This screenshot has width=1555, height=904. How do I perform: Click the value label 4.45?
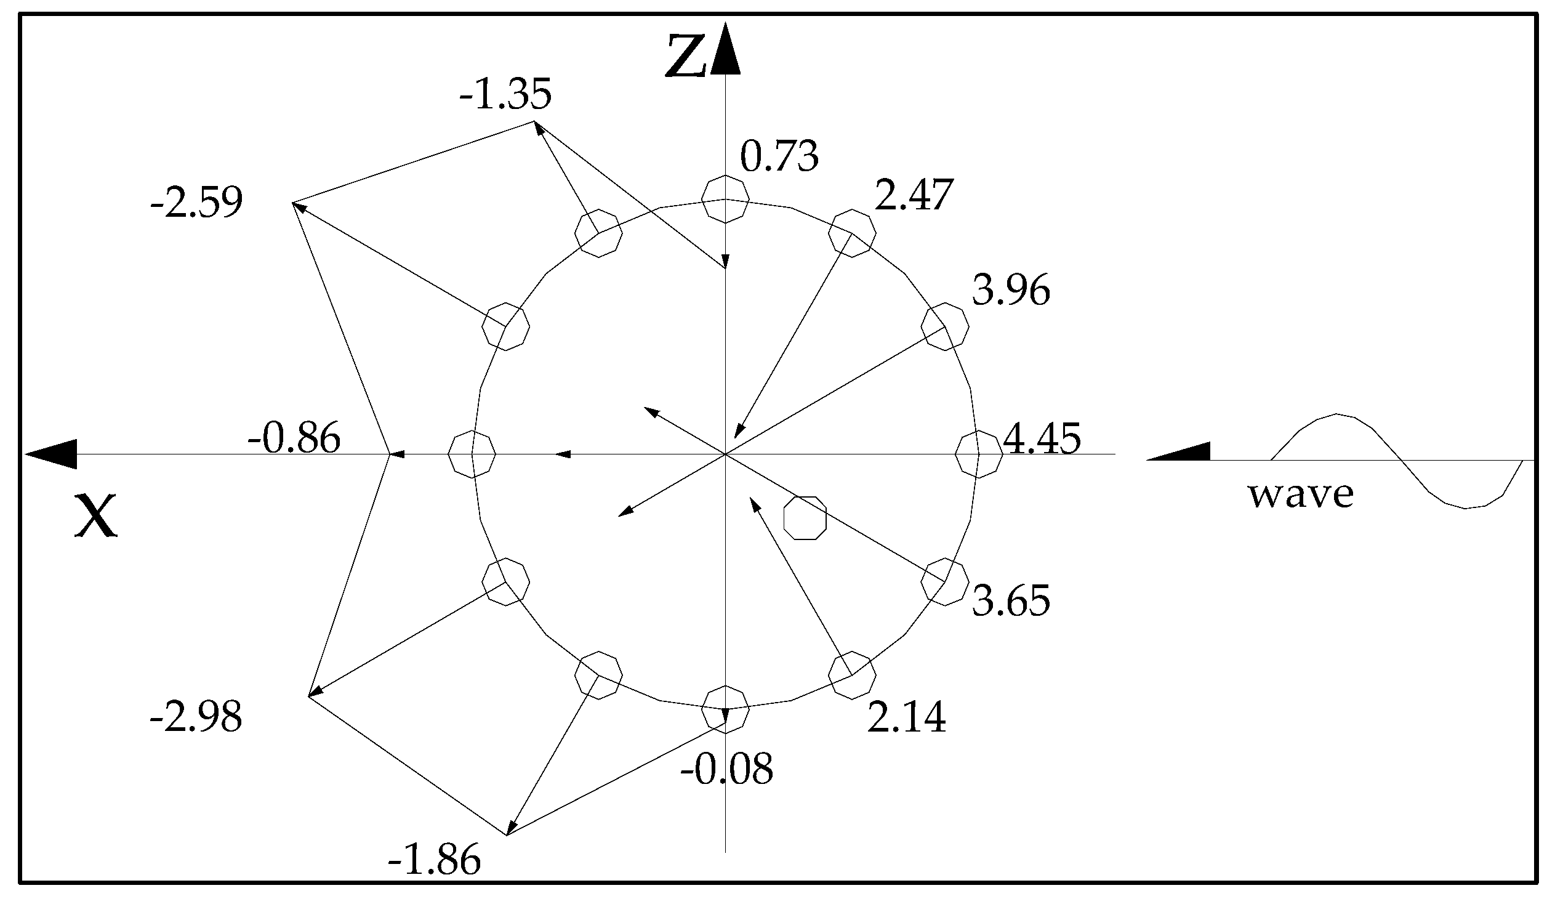tap(1042, 438)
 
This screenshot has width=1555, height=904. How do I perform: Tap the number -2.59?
tap(196, 202)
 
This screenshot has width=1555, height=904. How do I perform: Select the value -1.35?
tap(505, 94)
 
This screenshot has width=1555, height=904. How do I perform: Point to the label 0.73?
tap(779, 156)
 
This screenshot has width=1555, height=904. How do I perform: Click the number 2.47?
tap(914, 195)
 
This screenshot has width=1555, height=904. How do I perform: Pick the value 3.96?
tap(1011, 290)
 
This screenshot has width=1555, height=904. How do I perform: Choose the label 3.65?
tap(1011, 600)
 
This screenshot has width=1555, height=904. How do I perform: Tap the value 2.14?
tap(906, 717)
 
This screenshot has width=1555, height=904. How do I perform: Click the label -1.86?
tap(434, 860)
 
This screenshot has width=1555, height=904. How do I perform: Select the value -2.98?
tap(196, 717)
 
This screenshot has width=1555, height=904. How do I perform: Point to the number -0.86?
tap(294, 438)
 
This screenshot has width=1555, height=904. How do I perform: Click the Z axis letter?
tap(685, 57)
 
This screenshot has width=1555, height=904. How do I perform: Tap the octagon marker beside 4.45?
tap(979, 454)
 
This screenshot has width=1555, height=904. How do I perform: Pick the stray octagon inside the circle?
tap(805, 517)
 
